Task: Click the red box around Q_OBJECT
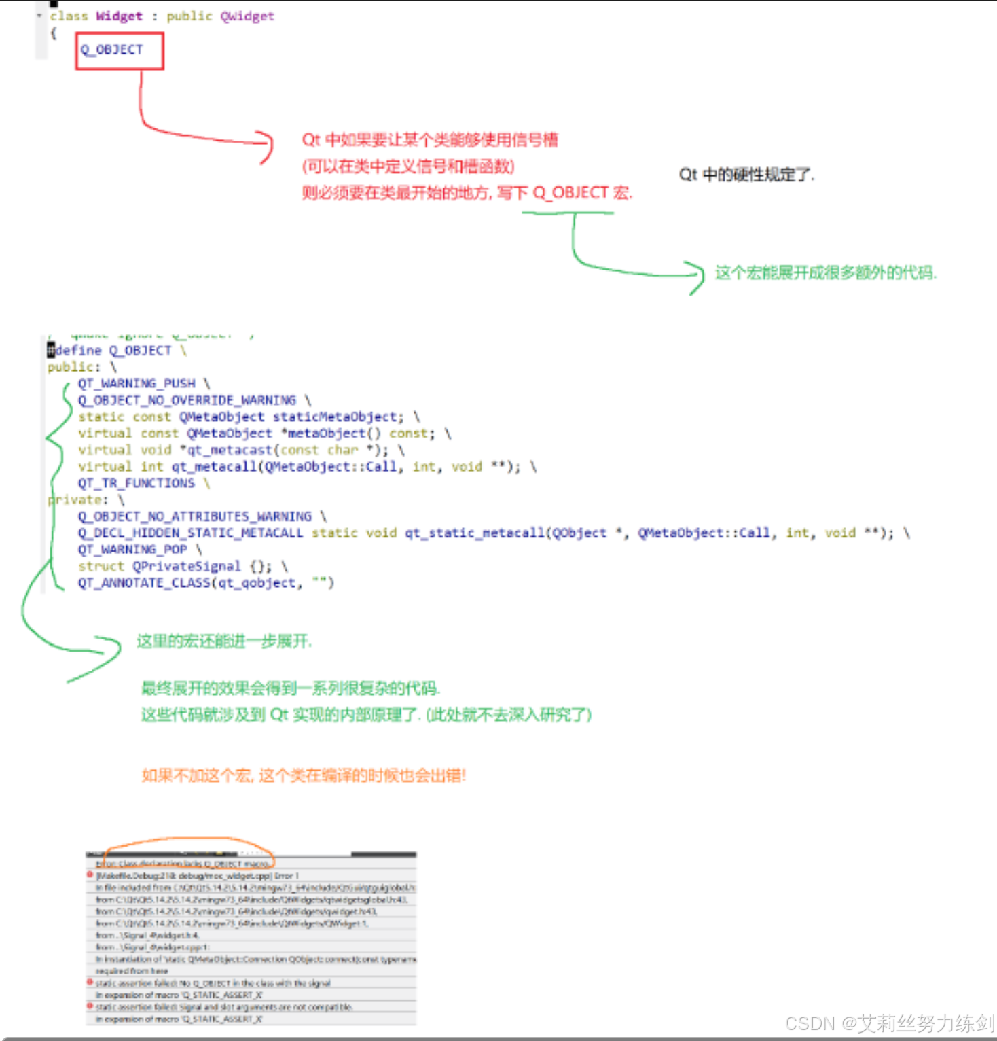[120, 51]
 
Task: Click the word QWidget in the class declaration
[247, 16]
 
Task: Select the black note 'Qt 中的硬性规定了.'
[746, 175]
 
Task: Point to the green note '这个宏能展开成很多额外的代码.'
[825, 273]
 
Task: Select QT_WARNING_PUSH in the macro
[137, 384]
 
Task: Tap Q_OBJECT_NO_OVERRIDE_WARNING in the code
[187, 400]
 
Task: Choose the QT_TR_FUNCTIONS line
[137, 483]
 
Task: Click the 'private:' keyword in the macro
[77, 500]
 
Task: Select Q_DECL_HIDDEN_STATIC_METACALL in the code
[190, 533]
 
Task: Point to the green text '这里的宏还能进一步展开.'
[224, 641]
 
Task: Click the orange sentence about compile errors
[304, 775]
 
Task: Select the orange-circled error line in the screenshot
[183, 864]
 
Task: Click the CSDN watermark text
[889, 1023]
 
